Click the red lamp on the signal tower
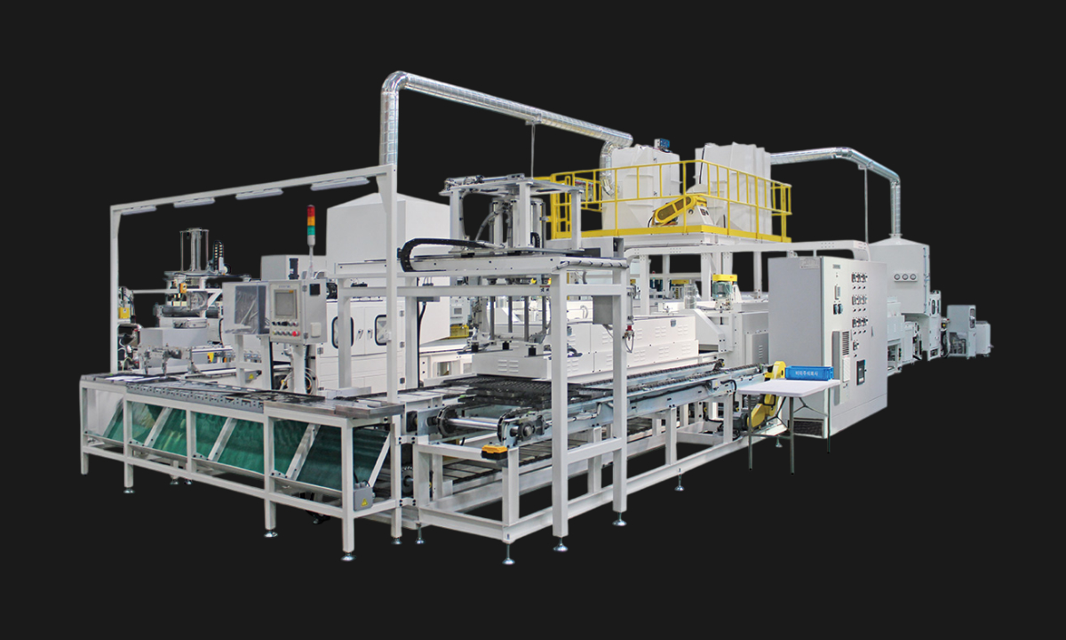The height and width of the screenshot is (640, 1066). click(311, 212)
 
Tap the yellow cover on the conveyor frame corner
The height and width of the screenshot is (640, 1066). click(494, 451)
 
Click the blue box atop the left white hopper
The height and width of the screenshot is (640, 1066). click(661, 143)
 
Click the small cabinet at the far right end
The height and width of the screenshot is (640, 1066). click(982, 338)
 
